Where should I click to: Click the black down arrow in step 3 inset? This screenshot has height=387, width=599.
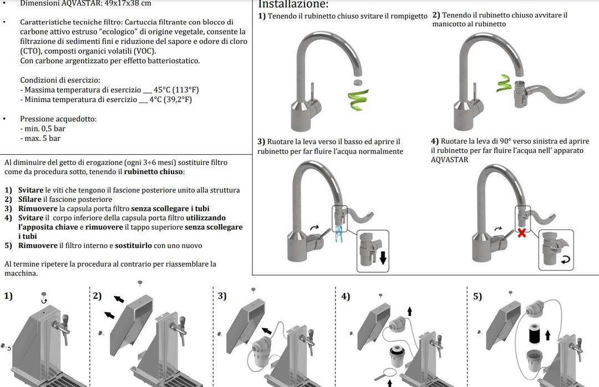click(382, 258)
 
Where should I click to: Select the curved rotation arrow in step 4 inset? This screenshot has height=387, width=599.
click(566, 259)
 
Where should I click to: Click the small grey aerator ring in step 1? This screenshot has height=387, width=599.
click(358, 83)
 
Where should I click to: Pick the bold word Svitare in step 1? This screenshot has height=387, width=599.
click(31, 190)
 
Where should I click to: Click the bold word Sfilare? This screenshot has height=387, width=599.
click(30, 200)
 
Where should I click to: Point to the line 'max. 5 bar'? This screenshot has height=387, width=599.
click(40, 139)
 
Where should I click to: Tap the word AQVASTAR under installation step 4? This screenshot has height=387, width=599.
click(449, 160)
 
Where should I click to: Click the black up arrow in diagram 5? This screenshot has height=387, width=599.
click(549, 335)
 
